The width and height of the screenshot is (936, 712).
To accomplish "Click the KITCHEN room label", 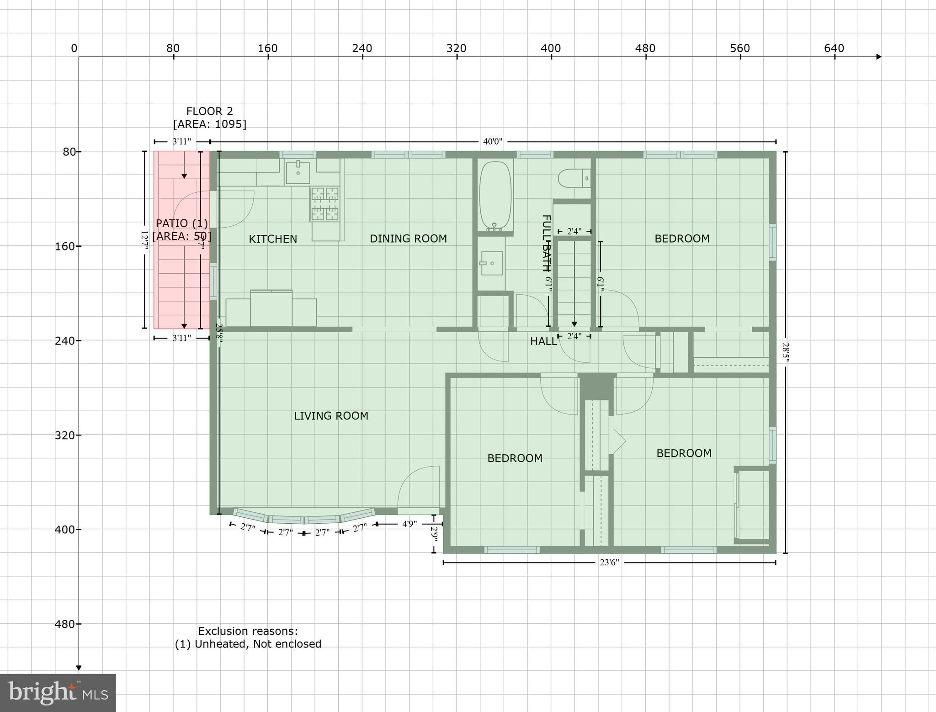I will point(273,239).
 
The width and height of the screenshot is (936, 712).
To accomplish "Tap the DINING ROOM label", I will point(408,239).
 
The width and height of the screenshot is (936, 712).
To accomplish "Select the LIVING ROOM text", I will point(331,416).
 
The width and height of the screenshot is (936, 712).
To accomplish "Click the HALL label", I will point(543,341).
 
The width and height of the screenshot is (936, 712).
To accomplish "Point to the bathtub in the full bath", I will point(495,194).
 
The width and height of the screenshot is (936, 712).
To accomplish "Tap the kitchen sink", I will point(298,172).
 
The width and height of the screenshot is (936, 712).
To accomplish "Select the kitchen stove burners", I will point(325,204).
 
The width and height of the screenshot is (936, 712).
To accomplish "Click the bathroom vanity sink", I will point(492,263).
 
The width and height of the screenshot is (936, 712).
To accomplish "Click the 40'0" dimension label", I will point(493,142).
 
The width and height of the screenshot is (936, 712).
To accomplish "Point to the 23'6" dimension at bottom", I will point(609,563).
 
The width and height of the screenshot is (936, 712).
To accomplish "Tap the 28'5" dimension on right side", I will point(785,352).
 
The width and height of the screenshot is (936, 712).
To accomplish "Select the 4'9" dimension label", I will point(409,524).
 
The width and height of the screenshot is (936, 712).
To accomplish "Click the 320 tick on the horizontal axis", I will point(456,48).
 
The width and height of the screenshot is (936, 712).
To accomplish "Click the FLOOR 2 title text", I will point(210,112).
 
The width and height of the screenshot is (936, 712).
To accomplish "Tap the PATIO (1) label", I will point(182,223).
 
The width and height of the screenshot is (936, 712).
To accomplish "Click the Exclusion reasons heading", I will point(248,631).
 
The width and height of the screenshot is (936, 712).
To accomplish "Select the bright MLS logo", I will point(58,693).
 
